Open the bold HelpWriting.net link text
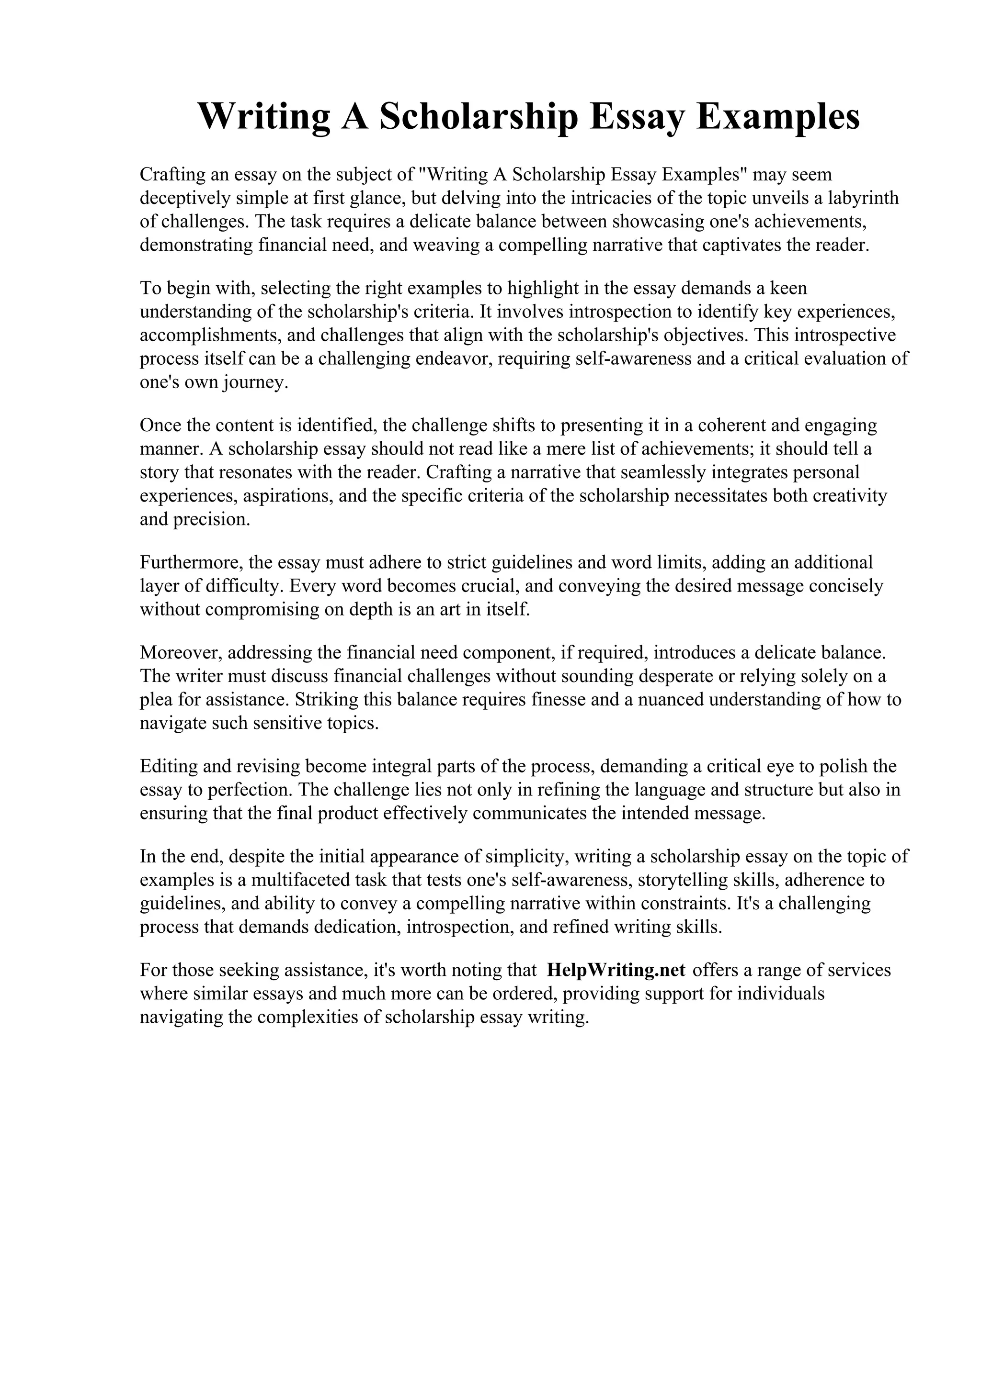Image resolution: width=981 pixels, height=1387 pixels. pyautogui.click(x=616, y=970)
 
